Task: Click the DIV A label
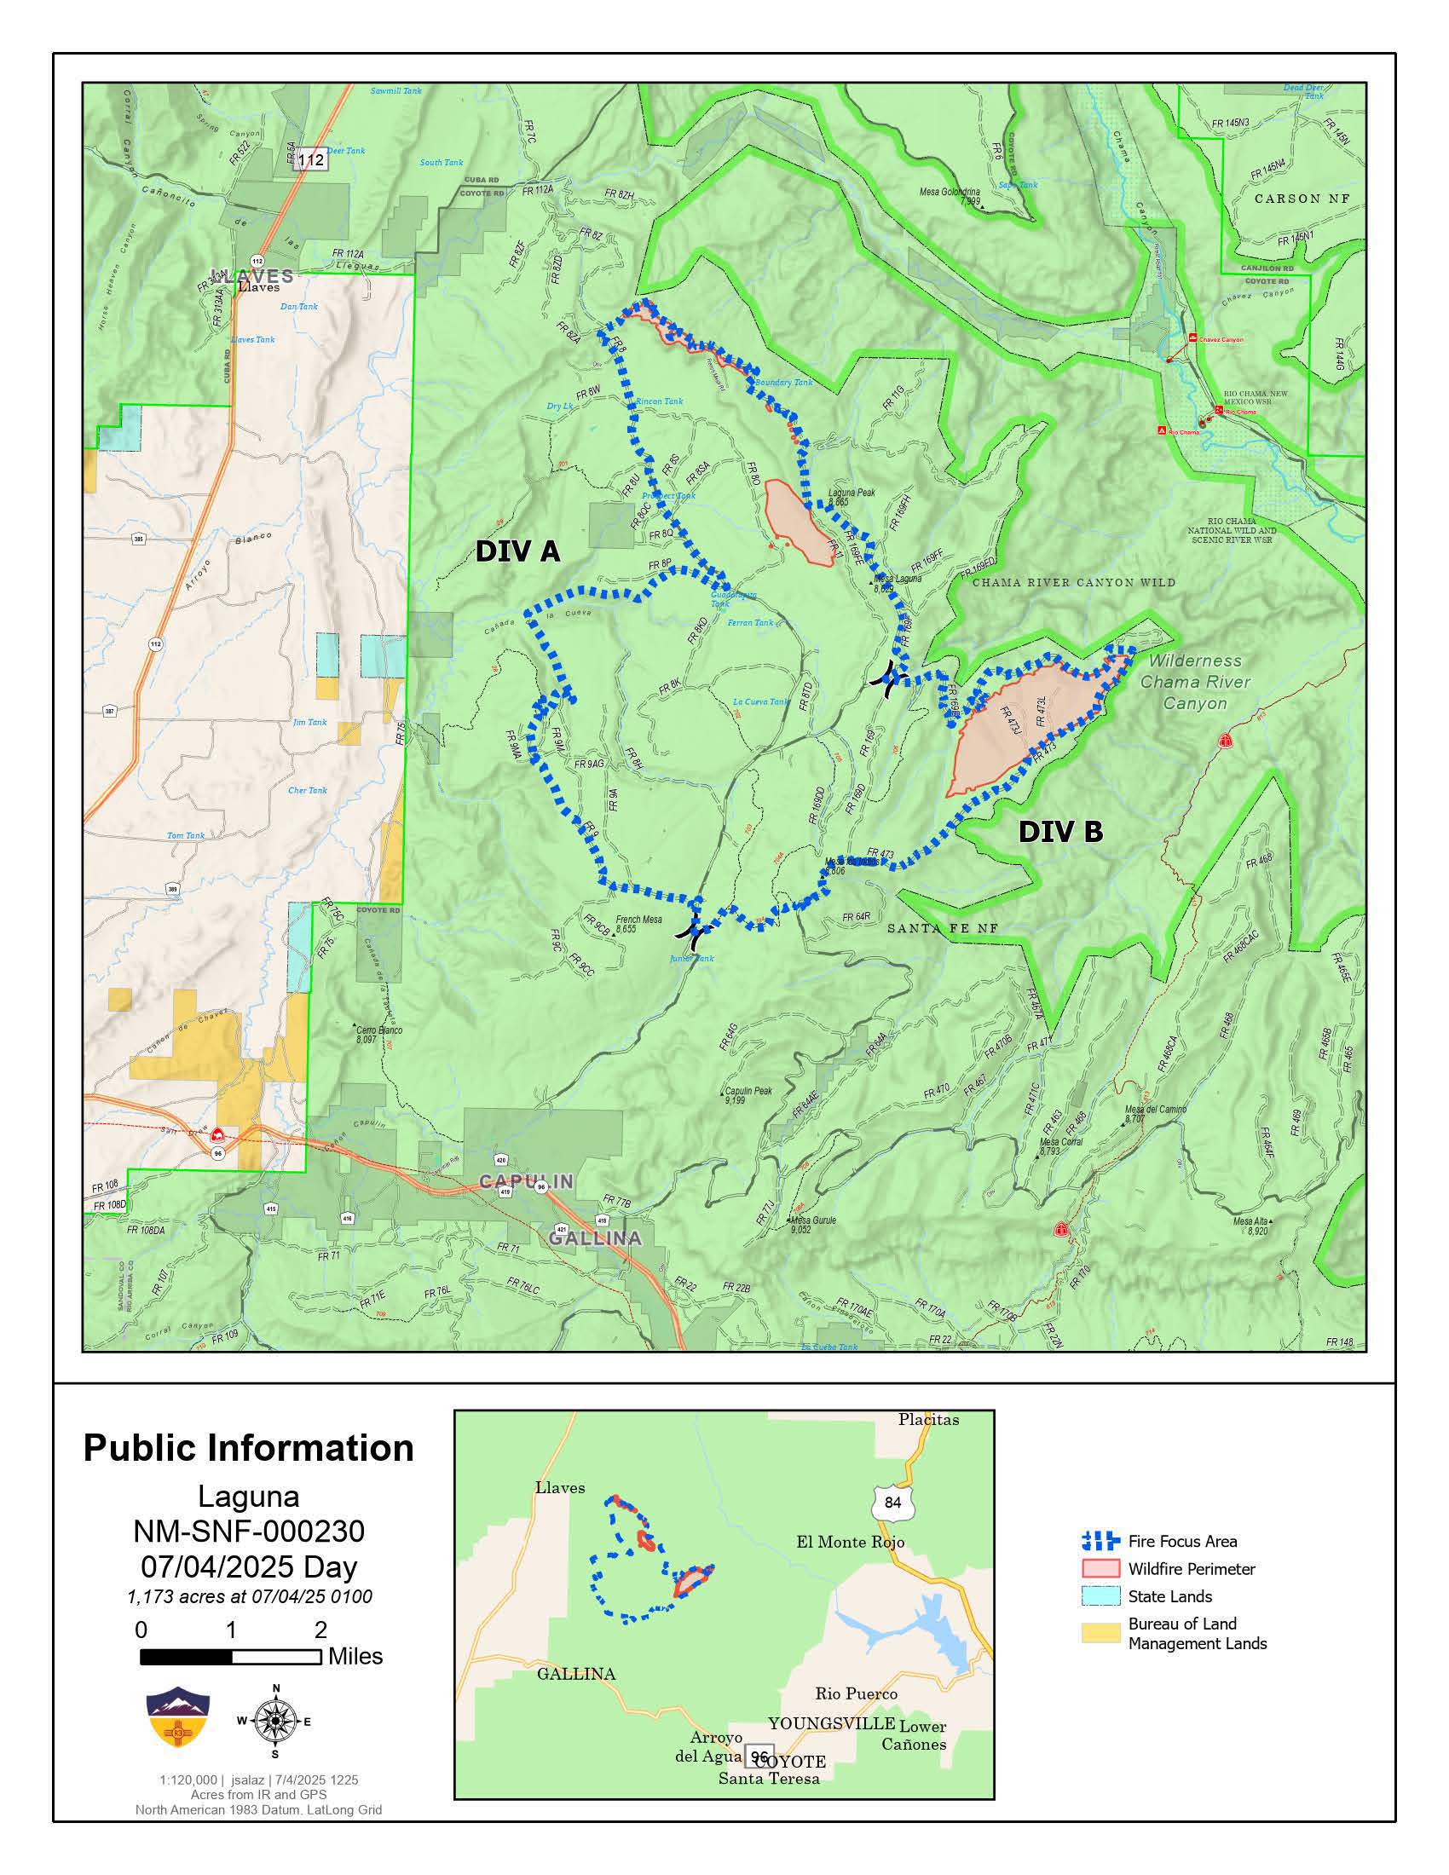(x=517, y=551)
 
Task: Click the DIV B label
(x=1060, y=831)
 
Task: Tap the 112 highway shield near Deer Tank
(x=311, y=159)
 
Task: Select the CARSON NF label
(x=1302, y=199)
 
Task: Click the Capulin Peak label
(x=748, y=1091)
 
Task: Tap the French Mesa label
(x=638, y=919)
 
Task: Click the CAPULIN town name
(x=525, y=1181)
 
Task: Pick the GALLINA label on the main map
(x=595, y=1238)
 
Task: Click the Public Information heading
(x=248, y=1447)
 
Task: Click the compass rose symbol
(x=275, y=1722)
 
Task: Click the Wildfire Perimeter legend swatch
(x=1100, y=1568)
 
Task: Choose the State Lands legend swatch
(x=1100, y=1596)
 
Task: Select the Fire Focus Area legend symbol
(x=1100, y=1540)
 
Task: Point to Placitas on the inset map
(x=928, y=1419)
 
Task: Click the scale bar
(x=230, y=1657)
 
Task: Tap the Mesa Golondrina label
(x=949, y=193)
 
